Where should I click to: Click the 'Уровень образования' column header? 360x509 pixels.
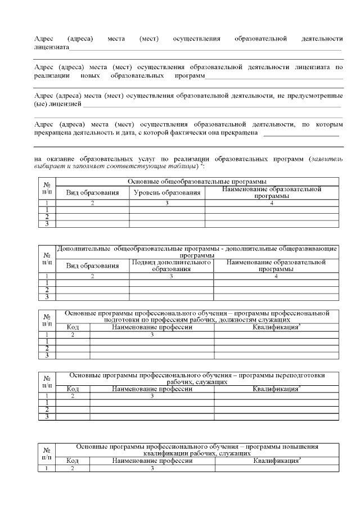point(167,193)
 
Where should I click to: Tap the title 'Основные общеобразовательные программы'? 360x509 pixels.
point(197,182)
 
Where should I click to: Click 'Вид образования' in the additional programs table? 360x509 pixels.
point(93,265)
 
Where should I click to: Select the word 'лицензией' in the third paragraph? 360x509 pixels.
point(65,105)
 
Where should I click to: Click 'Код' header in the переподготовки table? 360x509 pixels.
point(73,389)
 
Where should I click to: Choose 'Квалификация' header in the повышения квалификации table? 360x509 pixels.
point(276,461)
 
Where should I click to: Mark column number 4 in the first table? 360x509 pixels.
point(272,203)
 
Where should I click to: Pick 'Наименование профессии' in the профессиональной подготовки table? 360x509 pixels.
point(152,327)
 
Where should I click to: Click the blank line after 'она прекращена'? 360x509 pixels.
point(301,134)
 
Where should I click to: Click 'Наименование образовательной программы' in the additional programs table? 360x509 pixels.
point(276,265)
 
